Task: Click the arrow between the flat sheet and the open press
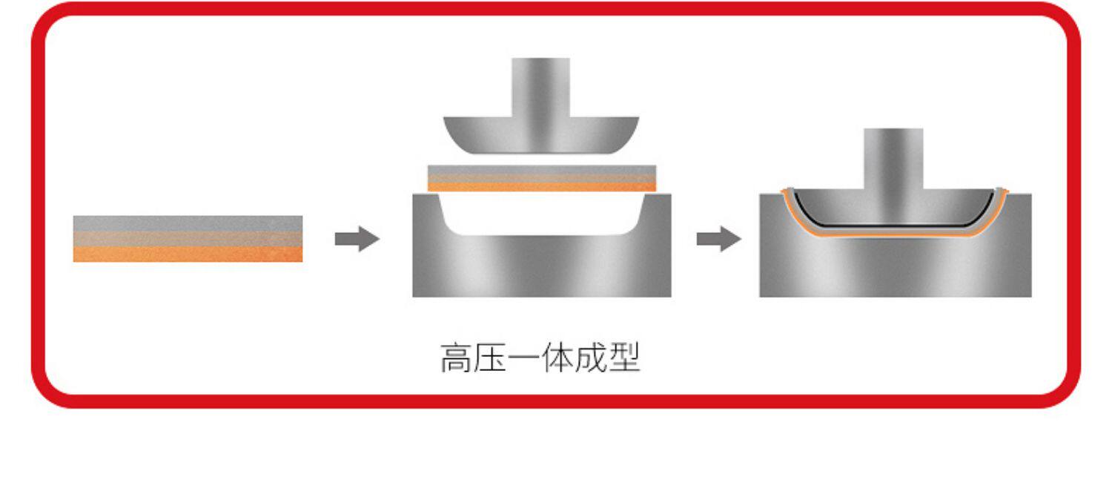[357, 239]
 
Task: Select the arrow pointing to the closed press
[718, 239]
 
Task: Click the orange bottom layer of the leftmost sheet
[188, 254]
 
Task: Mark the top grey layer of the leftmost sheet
[188, 223]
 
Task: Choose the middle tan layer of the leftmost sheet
[188, 238]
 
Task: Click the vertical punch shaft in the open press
[540, 85]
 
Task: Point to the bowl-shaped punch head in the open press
[540, 135]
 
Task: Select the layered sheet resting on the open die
[541, 178]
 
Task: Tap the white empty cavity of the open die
[540, 214]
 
